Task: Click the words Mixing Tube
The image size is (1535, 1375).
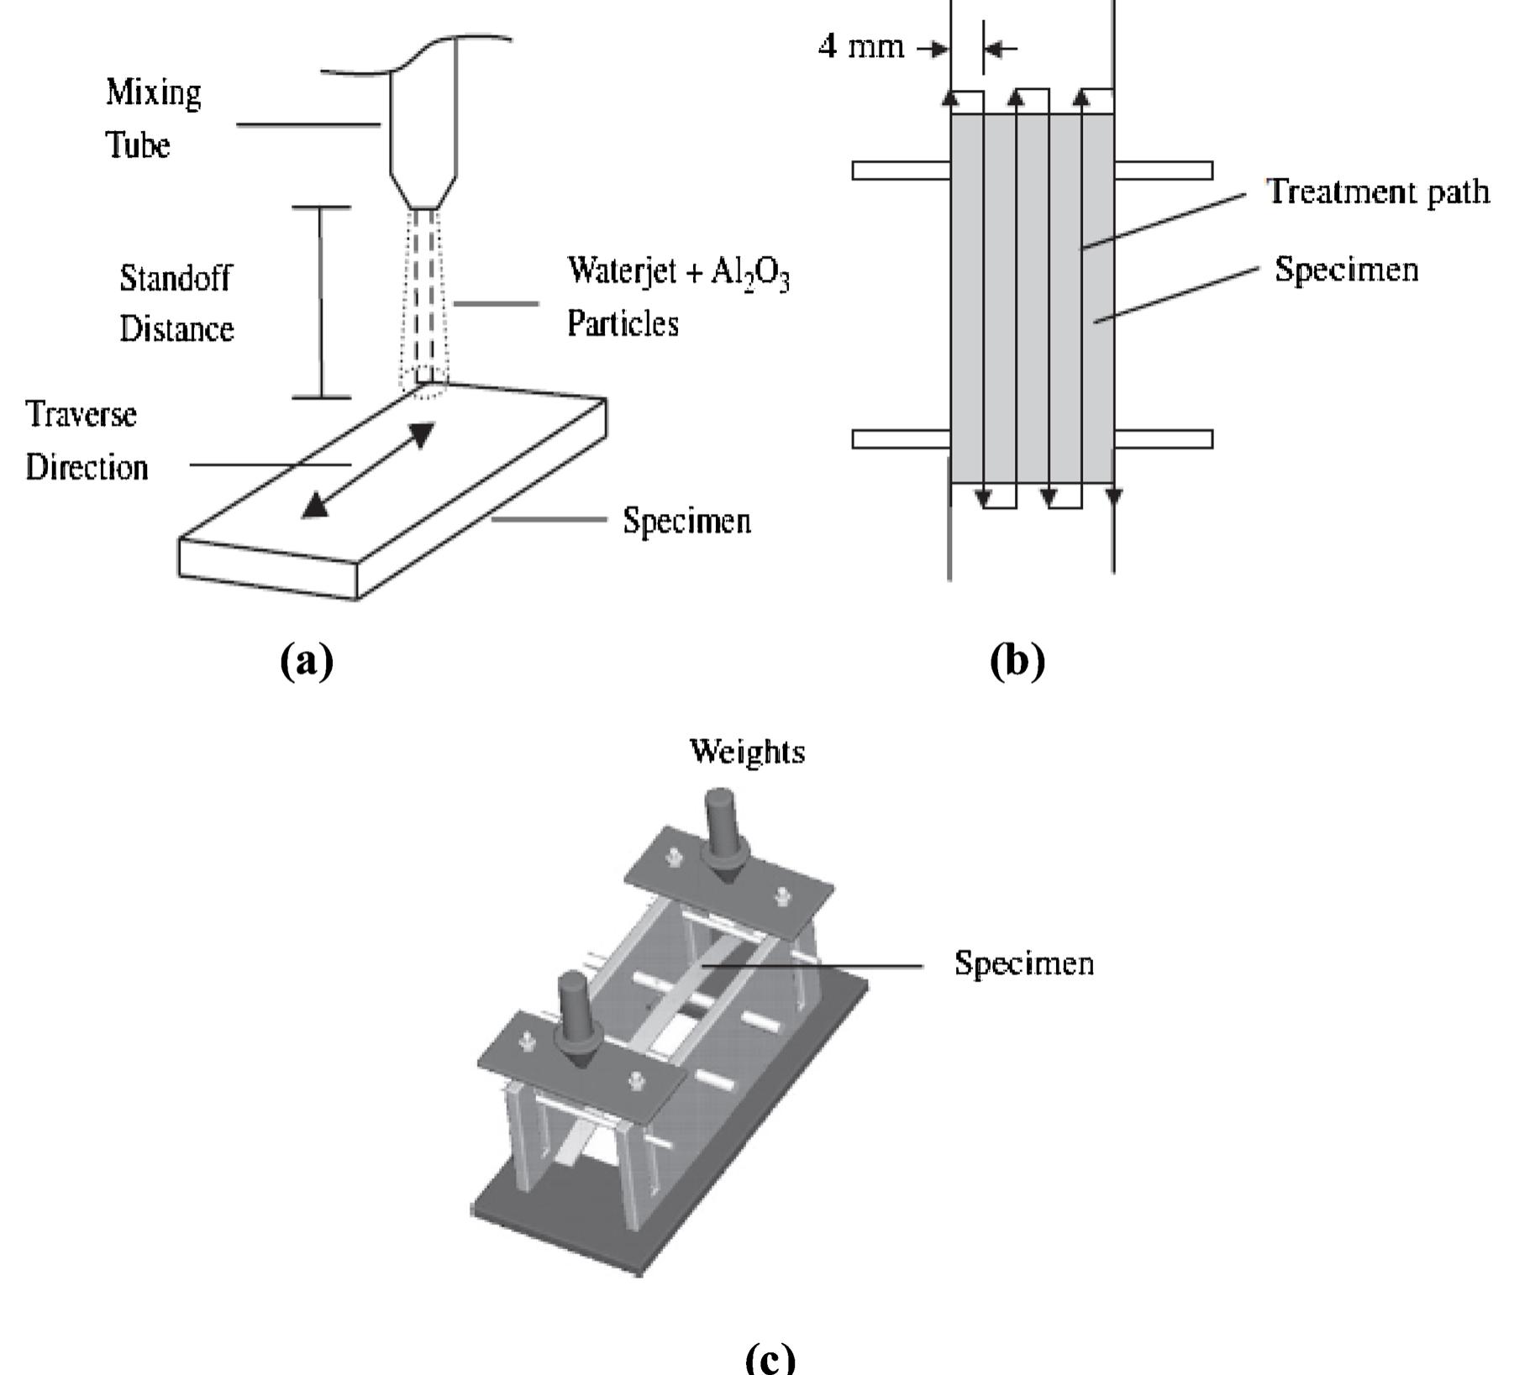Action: (x=153, y=118)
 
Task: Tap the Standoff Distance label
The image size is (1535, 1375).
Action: (x=176, y=302)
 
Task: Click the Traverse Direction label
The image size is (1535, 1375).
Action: (x=86, y=440)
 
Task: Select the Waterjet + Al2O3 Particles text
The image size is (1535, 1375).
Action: (x=677, y=296)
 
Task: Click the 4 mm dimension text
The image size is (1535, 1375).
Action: (x=860, y=46)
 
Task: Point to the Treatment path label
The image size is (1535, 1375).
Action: (x=1378, y=192)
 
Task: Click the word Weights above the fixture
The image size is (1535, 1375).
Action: (x=746, y=751)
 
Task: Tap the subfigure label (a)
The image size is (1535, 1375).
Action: (x=307, y=660)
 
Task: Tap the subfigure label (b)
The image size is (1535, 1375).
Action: (x=1017, y=660)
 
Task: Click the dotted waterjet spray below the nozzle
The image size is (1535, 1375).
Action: (x=423, y=302)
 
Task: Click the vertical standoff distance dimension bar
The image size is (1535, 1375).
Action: (x=321, y=302)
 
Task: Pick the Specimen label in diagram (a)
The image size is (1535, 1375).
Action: (x=686, y=521)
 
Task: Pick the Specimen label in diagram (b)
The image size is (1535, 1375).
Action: (x=1346, y=270)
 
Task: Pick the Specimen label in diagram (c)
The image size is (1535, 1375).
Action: (x=1023, y=963)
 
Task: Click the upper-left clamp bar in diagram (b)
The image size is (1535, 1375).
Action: (x=901, y=171)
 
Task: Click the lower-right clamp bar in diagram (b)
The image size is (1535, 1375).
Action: (x=1163, y=438)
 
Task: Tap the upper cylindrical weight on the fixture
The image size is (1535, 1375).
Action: (x=720, y=825)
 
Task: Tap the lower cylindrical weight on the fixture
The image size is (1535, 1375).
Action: (x=575, y=1008)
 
